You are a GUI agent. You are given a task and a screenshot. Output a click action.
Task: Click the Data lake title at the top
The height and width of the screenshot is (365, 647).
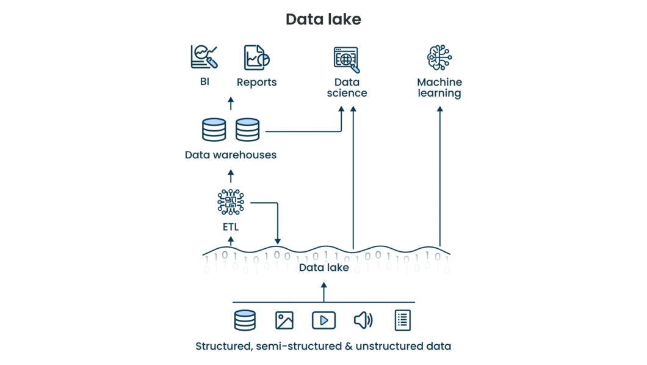click(x=323, y=20)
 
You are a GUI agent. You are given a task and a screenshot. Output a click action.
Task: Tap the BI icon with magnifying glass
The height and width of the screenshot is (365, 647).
click(x=204, y=57)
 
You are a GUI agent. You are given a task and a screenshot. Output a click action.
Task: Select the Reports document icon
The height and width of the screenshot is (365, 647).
click(x=256, y=57)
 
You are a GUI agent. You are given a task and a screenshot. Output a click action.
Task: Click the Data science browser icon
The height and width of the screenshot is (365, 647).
click(x=346, y=59)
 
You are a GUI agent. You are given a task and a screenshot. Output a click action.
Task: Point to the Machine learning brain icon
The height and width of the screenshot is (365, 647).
click(x=439, y=57)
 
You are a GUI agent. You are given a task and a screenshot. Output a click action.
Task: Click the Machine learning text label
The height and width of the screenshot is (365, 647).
click(x=439, y=87)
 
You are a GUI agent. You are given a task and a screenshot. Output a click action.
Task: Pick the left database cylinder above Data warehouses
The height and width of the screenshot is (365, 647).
click(x=214, y=130)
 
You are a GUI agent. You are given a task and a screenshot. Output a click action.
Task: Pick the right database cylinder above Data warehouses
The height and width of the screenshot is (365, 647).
click(x=247, y=130)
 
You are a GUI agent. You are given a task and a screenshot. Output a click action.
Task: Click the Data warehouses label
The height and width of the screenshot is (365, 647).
click(x=230, y=155)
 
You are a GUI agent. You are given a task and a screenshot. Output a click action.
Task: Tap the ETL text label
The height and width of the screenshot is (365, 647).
click(x=230, y=227)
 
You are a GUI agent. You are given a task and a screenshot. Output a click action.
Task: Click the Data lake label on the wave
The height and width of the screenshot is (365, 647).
click(x=323, y=268)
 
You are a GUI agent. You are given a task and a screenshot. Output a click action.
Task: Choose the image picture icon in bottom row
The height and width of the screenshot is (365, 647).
click(x=284, y=320)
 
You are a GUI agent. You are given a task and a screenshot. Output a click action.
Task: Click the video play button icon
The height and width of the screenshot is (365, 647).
click(x=323, y=320)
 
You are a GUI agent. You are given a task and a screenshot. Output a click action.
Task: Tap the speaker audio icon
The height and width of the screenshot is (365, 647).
click(x=363, y=320)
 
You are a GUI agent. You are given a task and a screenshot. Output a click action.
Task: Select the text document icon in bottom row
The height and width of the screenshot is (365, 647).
click(x=402, y=320)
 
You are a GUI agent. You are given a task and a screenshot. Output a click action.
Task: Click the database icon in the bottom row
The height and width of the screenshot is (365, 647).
click(x=245, y=320)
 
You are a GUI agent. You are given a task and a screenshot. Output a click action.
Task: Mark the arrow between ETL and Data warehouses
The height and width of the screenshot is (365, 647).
click(x=230, y=176)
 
